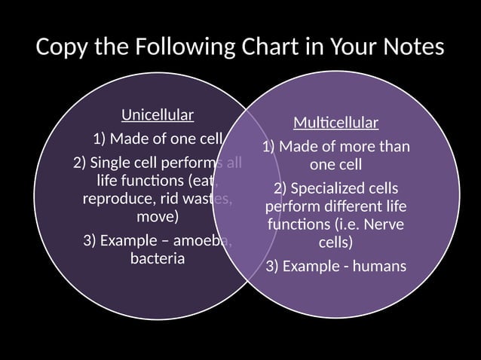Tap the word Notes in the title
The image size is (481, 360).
[408, 47]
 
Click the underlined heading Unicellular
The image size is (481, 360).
[158, 115]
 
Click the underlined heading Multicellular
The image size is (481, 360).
[335, 122]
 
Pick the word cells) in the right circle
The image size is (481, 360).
[335, 243]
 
